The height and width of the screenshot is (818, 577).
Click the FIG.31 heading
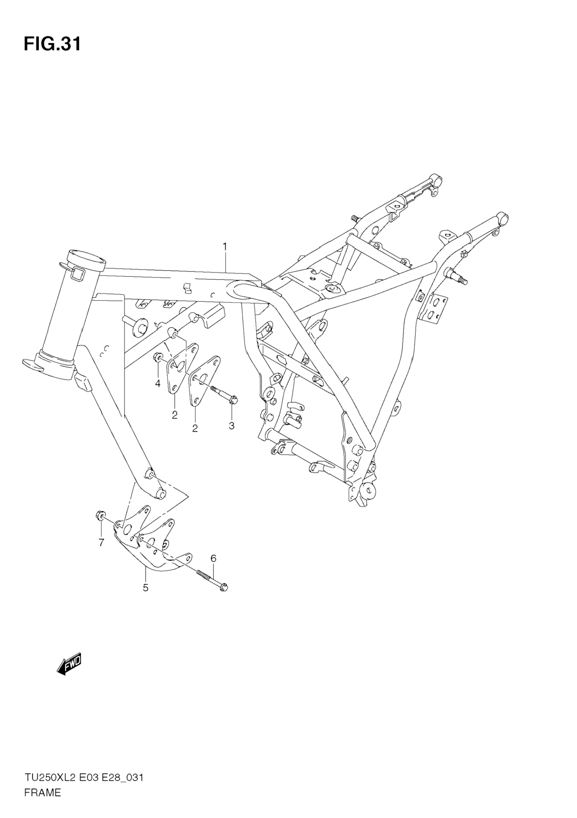click(x=52, y=44)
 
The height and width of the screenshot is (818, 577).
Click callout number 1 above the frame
click(x=225, y=246)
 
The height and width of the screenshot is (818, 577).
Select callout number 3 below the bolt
click(x=232, y=426)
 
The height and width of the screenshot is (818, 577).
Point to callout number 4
click(x=158, y=383)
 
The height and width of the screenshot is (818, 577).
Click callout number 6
click(x=213, y=559)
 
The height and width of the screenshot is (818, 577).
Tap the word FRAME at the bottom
click(x=43, y=800)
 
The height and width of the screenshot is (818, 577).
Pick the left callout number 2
click(x=175, y=415)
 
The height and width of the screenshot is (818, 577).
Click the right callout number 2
click(x=195, y=428)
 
